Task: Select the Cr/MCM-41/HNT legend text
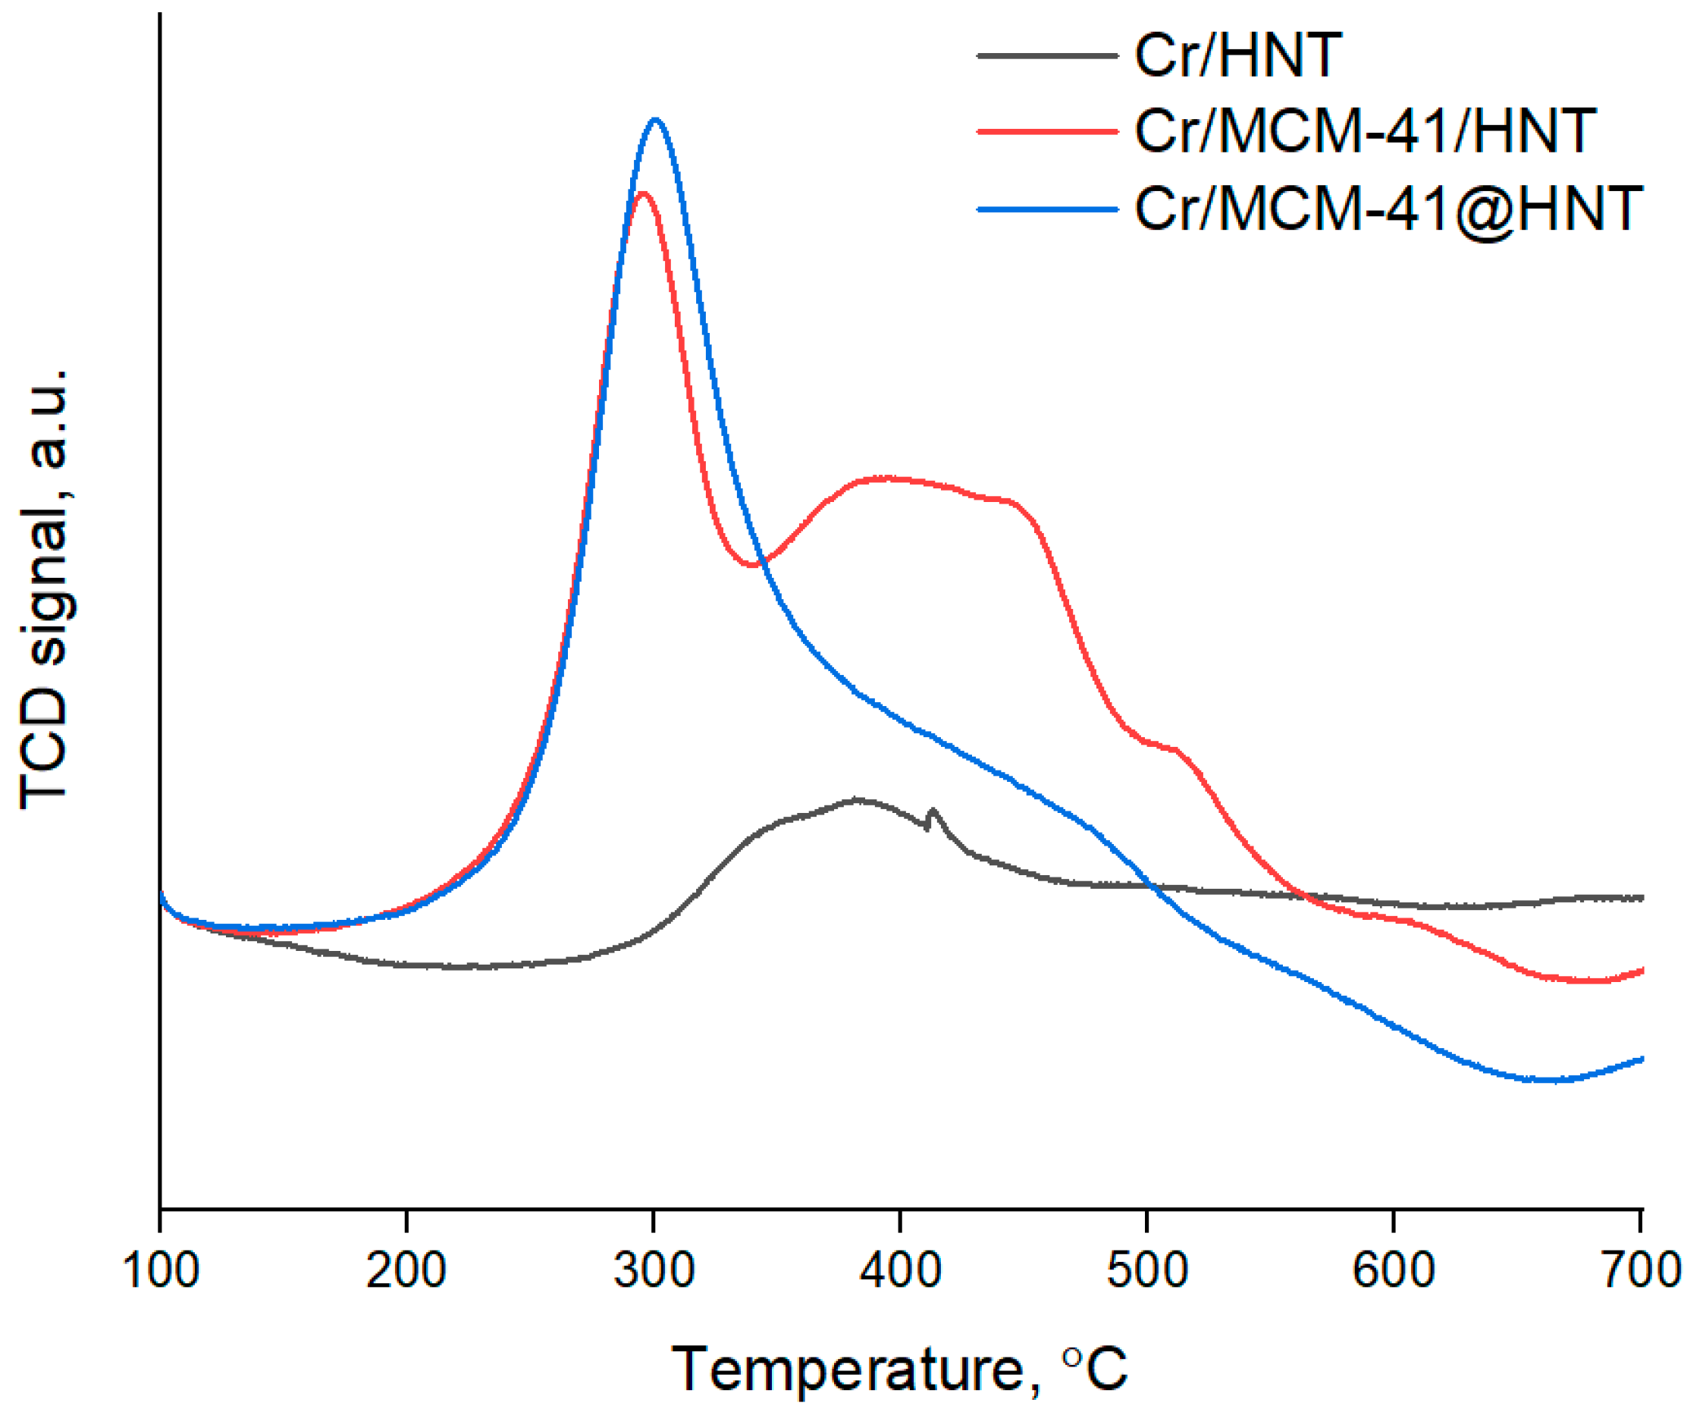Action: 1364,130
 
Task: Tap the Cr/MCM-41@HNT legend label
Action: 1388,209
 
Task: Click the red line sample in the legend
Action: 1047,130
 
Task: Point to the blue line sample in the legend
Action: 1047,209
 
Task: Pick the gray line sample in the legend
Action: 1047,56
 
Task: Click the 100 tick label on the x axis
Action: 160,1270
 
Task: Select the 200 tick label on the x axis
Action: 406,1270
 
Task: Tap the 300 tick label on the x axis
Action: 654,1270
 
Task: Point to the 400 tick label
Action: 900,1270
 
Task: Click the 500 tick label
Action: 1146,1270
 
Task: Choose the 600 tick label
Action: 1393,1270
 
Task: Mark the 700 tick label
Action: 1639,1270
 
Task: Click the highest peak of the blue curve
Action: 656,120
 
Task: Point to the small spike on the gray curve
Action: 933,810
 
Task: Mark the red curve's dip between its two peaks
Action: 754,565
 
